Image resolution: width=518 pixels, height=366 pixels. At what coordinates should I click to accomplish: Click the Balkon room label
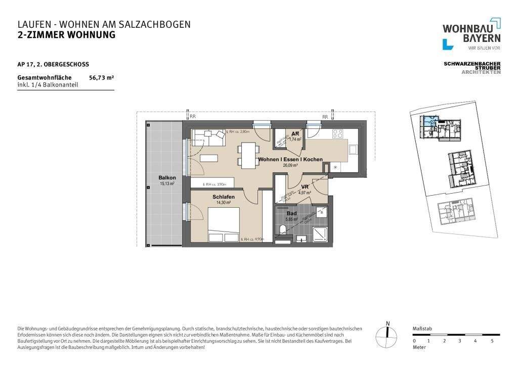pyautogui.click(x=167, y=178)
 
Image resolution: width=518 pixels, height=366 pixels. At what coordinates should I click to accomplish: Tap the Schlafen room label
pyautogui.click(x=223, y=197)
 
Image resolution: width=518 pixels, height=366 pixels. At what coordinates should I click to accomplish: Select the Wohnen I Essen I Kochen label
pyautogui.click(x=290, y=160)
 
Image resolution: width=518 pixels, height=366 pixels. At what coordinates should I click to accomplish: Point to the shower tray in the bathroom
pyautogui.click(x=319, y=234)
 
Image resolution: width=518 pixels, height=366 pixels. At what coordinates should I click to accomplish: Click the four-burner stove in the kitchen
pyautogui.click(x=337, y=134)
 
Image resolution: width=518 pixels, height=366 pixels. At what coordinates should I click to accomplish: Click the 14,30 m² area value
pyautogui.click(x=223, y=202)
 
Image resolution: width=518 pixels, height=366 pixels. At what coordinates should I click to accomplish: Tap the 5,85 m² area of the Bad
pyautogui.click(x=292, y=219)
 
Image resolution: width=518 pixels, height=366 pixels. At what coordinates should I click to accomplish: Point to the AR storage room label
pyautogui.click(x=294, y=134)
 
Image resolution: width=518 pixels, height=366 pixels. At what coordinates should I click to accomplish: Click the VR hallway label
pyautogui.click(x=305, y=187)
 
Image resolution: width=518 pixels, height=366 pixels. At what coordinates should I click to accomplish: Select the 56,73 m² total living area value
pyautogui.click(x=101, y=78)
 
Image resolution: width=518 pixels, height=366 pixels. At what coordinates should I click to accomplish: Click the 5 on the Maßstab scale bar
pyautogui.click(x=492, y=341)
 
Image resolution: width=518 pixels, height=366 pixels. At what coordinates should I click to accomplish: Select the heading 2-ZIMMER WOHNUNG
pyautogui.click(x=66, y=35)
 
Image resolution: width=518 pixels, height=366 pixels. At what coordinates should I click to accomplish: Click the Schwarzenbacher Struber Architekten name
pyautogui.click(x=472, y=68)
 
